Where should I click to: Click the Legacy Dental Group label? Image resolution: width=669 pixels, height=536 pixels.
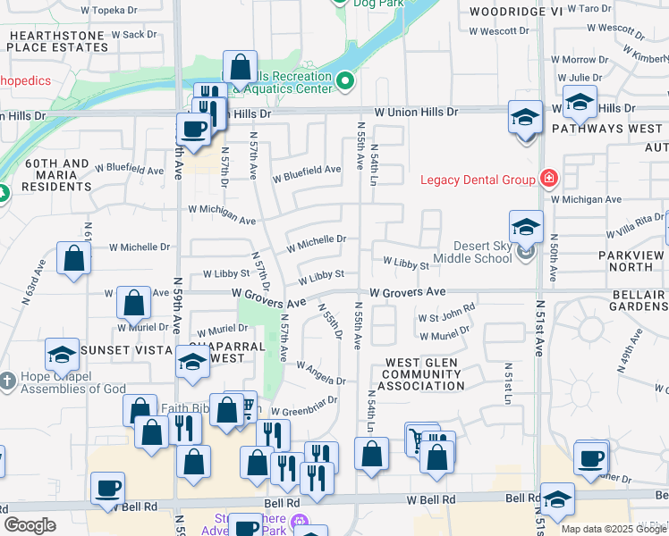[478, 180]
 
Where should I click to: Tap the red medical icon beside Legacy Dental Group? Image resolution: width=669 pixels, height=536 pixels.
[547, 179]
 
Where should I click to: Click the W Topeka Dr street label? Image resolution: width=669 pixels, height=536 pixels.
[109, 12]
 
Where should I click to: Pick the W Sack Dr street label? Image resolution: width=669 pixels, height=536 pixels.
[130, 35]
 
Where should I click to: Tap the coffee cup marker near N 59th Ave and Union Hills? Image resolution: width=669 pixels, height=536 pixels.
[193, 129]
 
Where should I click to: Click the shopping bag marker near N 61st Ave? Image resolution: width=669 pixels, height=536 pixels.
[73, 258]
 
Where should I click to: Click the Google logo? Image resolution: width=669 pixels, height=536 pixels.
[30, 525]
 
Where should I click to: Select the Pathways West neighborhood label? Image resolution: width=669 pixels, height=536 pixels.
[607, 129]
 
